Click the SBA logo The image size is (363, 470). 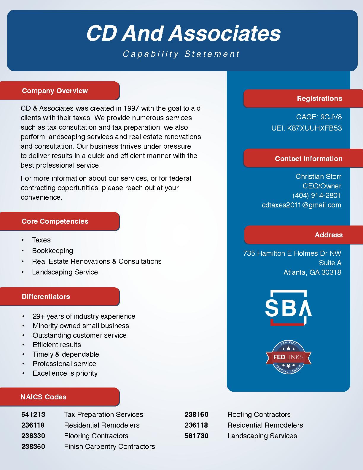288,308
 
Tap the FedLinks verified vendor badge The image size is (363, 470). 288,357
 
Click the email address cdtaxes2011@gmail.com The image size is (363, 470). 301,205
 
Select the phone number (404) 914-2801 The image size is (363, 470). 316,196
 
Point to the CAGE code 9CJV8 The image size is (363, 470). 331,117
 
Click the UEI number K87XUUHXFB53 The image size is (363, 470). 314,128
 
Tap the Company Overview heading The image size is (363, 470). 55,91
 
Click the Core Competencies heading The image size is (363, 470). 55,221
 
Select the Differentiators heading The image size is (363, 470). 46,297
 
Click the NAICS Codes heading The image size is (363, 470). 43,397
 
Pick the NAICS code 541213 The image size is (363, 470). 33,415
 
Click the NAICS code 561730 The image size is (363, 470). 197,436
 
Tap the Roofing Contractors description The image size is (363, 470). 259,415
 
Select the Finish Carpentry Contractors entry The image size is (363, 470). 109,447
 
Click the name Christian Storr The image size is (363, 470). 318,177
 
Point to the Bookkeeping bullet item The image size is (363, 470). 52,251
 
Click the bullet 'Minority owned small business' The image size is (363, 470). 81,326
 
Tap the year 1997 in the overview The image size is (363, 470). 131,108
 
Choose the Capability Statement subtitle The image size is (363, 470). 181,54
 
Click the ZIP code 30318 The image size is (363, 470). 331,272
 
